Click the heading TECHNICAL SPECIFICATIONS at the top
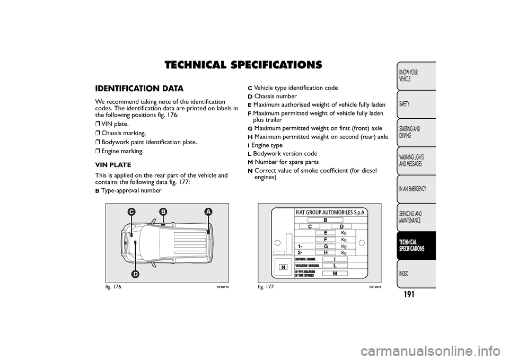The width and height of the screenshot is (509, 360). [243, 66]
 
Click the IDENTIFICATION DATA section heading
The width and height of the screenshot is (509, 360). [138, 88]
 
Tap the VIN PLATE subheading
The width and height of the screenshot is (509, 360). [113, 164]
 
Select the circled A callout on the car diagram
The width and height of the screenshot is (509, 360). [209, 211]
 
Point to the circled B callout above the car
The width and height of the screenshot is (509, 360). [164, 211]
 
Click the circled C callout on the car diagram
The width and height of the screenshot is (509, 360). [130, 212]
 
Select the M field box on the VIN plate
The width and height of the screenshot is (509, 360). [335, 273]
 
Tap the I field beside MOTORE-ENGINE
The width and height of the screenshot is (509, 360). [335, 259]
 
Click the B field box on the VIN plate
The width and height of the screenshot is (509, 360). [325, 219]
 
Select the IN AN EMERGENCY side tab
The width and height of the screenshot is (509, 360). [415, 189]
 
